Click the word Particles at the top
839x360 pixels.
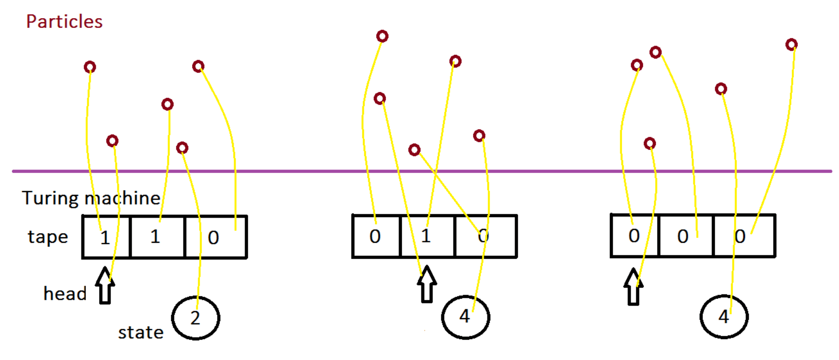click(64, 21)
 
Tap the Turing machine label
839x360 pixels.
click(91, 198)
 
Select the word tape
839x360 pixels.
click(48, 237)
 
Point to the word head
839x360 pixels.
click(65, 294)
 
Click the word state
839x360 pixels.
click(140, 333)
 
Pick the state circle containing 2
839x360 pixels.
click(195, 318)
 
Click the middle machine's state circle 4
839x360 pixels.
click(465, 317)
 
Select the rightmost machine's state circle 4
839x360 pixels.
click(724, 317)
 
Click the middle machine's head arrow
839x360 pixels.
click(426, 284)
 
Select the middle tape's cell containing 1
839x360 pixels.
click(427, 236)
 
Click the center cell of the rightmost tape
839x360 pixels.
click(686, 236)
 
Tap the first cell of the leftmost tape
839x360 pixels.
click(107, 237)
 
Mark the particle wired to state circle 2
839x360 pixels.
click(182, 148)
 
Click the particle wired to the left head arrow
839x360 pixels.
click(112, 140)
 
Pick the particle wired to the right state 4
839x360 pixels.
click(721, 89)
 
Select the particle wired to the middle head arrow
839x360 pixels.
click(380, 98)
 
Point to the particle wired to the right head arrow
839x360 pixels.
click(650, 143)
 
